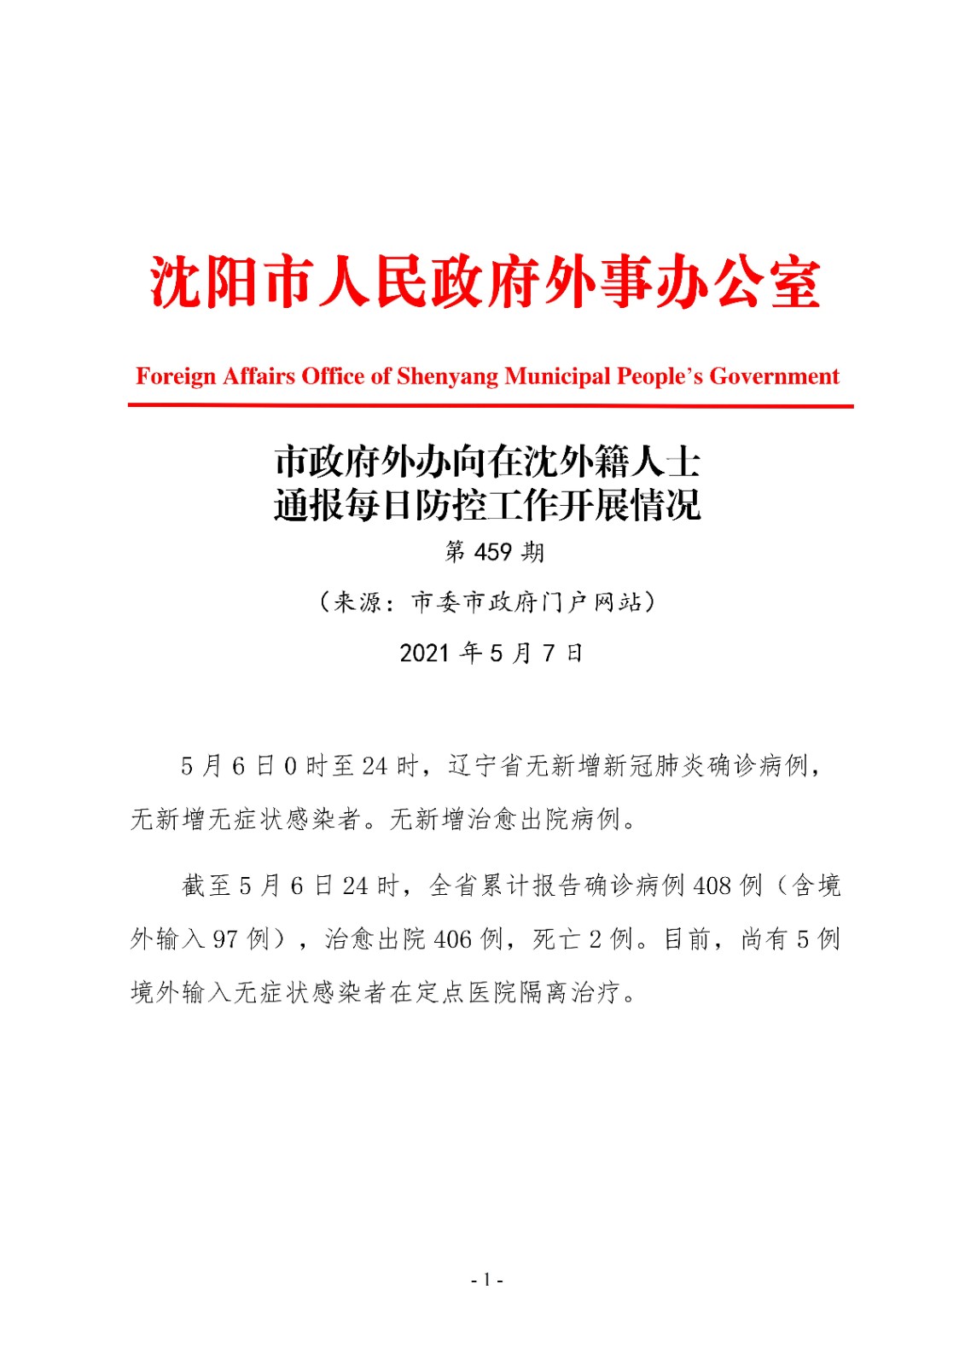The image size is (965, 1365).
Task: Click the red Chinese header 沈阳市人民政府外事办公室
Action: [485, 282]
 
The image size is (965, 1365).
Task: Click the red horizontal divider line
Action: [490, 406]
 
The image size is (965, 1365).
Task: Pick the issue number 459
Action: [492, 552]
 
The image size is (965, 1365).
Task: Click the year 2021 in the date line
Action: [424, 653]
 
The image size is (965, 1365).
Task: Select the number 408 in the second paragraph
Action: [712, 886]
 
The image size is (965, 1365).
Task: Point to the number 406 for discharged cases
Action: [452, 939]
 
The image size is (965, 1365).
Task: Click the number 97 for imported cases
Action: [225, 939]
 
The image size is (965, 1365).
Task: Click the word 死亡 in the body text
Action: [558, 939]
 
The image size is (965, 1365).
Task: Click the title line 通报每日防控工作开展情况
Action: [487, 505]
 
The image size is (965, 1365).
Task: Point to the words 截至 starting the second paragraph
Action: [206, 886]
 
